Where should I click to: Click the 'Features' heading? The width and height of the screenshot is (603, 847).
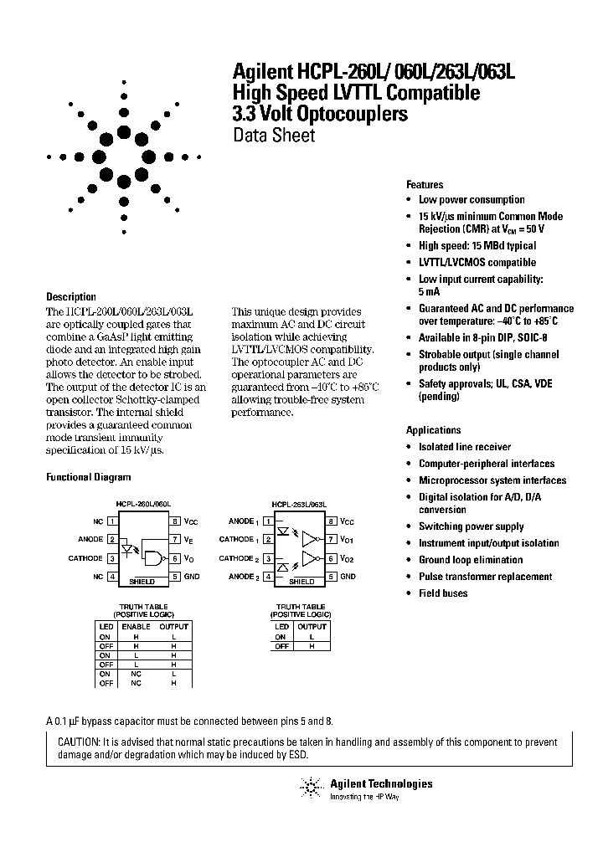[x=425, y=185]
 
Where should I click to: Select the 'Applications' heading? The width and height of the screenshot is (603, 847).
[x=433, y=430]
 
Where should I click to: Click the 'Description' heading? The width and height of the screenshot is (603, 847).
[x=70, y=297]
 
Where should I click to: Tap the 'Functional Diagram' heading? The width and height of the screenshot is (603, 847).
[x=88, y=478]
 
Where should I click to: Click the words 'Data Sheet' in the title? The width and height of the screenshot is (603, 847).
[x=273, y=136]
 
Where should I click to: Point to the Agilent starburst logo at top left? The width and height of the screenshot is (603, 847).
[x=124, y=157]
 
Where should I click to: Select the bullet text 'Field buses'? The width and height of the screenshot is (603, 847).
[x=443, y=593]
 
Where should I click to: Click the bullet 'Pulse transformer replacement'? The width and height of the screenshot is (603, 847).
[x=485, y=577]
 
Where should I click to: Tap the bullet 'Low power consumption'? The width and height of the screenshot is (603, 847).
[x=472, y=200]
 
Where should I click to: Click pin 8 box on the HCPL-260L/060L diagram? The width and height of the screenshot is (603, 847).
[x=175, y=521]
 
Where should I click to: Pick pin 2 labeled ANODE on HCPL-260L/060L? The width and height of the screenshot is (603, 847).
[x=111, y=540]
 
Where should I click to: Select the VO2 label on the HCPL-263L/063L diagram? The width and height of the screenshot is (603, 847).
[x=348, y=558]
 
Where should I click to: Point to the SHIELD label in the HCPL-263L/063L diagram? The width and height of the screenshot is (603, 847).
[x=301, y=580]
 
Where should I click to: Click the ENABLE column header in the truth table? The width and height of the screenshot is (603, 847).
[x=136, y=627]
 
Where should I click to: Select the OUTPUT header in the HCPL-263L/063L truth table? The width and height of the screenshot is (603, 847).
[x=312, y=627]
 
